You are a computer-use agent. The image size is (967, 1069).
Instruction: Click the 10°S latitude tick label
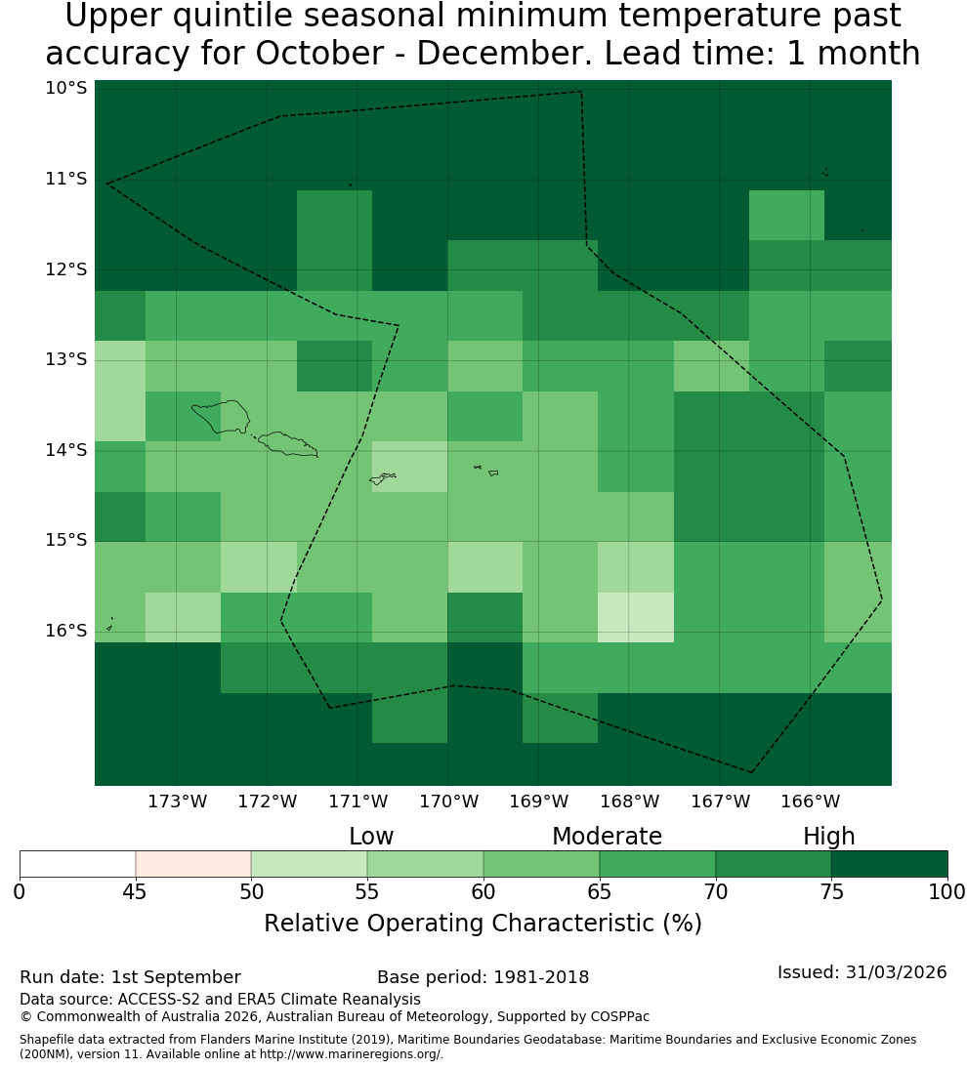[x=66, y=88]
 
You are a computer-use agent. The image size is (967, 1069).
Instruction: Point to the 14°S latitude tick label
[x=66, y=450]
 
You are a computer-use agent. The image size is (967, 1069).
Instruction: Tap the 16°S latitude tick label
[x=66, y=631]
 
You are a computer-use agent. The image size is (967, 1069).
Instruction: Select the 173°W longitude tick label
[x=178, y=802]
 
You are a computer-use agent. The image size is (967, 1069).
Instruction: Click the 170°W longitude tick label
[x=448, y=802]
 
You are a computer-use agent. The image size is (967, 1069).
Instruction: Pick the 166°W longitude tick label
[x=810, y=802]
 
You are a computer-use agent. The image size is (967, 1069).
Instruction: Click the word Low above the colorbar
[x=371, y=837]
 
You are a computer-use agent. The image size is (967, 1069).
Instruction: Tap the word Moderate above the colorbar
[x=607, y=837]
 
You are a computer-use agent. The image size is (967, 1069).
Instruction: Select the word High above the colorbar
[x=828, y=838]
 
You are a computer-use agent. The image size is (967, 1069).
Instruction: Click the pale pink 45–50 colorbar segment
[x=193, y=864]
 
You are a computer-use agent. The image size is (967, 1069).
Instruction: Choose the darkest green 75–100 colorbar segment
[x=889, y=864]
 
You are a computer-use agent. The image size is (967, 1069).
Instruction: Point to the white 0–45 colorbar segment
[x=78, y=864]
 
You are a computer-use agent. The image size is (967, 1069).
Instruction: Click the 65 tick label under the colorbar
[x=600, y=891]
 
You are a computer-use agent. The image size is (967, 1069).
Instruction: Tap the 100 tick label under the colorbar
[x=947, y=891]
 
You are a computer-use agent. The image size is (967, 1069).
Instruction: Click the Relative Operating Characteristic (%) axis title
[x=483, y=924]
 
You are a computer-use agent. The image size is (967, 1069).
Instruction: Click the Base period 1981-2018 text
[x=483, y=977]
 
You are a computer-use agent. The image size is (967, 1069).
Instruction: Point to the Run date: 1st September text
[x=130, y=977]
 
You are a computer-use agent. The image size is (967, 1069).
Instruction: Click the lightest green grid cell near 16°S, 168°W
[x=636, y=618]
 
